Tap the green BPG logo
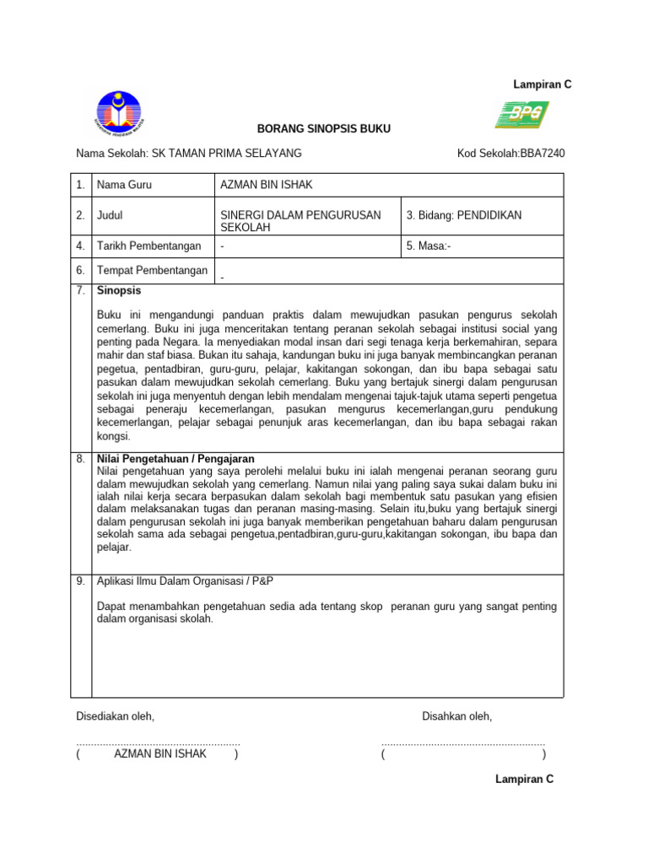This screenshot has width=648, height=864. pyautogui.click(x=521, y=114)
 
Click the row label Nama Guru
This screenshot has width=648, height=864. pyautogui.click(x=124, y=185)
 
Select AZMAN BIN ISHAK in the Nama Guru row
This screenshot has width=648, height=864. pyautogui.click(x=266, y=185)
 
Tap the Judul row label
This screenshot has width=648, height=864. pyautogui.click(x=111, y=215)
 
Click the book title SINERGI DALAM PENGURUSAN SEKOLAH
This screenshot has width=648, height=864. pyautogui.click(x=300, y=221)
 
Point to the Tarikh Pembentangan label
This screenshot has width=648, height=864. pyautogui.click(x=149, y=246)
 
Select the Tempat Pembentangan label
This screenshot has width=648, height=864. pyautogui.click(x=152, y=270)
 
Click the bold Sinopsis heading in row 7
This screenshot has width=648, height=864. pyautogui.click(x=119, y=290)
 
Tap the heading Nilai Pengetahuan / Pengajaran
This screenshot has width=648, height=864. pyautogui.click(x=176, y=459)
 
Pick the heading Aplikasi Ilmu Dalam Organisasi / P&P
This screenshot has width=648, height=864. pyautogui.click(x=186, y=582)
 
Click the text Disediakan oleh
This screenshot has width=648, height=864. pyautogui.click(x=116, y=716)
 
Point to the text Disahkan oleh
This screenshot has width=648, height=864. pyautogui.click(x=456, y=716)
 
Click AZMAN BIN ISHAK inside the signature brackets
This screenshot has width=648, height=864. pyautogui.click(x=160, y=753)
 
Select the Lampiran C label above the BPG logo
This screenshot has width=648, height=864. pyautogui.click(x=543, y=84)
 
